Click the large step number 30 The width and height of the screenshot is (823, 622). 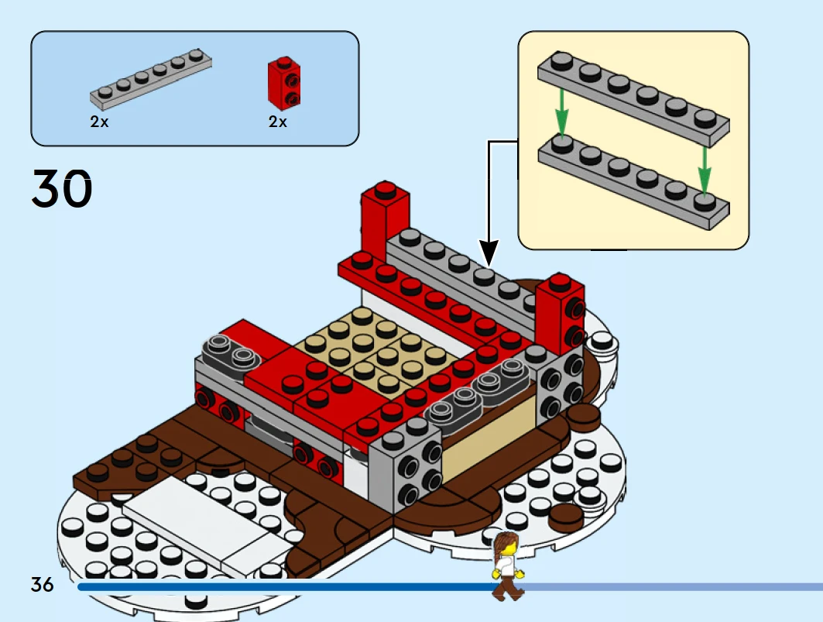[x=62, y=190]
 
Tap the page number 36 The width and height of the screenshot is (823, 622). [x=43, y=584]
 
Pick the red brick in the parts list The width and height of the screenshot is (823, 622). [x=284, y=84]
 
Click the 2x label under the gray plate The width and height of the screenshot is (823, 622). [x=99, y=122]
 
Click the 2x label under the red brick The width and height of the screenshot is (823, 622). [x=278, y=122]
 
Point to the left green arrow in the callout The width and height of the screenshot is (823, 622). [x=562, y=113]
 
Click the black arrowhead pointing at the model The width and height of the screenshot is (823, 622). [x=489, y=253]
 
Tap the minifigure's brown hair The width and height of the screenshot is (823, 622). [x=505, y=542]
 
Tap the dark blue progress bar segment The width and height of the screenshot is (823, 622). [x=286, y=587]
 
